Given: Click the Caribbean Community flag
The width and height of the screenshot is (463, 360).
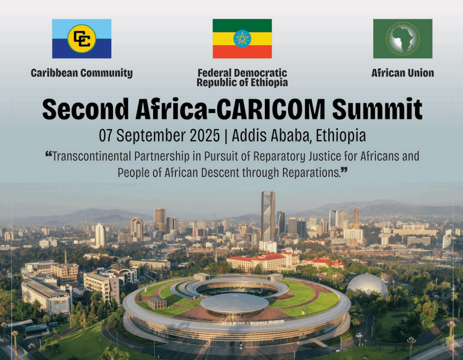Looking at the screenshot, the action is [x=82, y=39].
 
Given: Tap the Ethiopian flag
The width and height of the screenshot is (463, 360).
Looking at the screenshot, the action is [x=242, y=39].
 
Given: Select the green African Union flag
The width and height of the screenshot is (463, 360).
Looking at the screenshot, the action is [x=403, y=39].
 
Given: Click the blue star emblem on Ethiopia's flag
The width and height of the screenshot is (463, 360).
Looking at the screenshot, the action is [x=242, y=39].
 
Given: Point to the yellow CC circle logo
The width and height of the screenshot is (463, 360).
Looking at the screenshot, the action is [x=82, y=39].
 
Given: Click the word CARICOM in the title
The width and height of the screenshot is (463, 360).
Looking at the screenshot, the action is [x=271, y=109].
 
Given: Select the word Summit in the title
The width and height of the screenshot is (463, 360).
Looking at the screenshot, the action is [x=378, y=109].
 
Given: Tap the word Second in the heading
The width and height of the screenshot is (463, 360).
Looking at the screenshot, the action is [x=85, y=109].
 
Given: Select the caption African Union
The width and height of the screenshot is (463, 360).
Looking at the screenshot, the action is [x=403, y=73].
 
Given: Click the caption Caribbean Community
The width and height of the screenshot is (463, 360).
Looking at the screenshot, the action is [x=82, y=73].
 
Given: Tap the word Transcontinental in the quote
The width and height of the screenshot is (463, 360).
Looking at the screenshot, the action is [x=91, y=156].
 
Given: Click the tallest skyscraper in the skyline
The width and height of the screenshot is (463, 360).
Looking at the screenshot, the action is [x=268, y=216].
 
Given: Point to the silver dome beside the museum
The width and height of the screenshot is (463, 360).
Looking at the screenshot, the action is [x=367, y=285].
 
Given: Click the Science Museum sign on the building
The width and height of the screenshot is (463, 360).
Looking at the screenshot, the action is [x=253, y=323].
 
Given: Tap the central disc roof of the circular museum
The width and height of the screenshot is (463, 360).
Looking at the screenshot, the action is [x=235, y=304].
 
